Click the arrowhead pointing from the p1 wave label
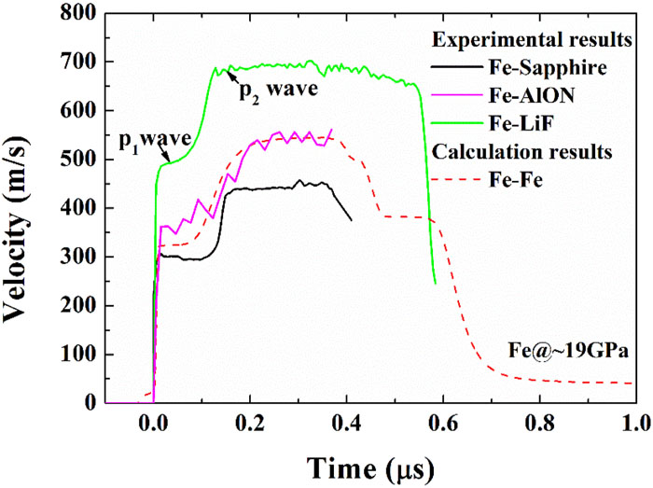pyautogui.click(x=165, y=162)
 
